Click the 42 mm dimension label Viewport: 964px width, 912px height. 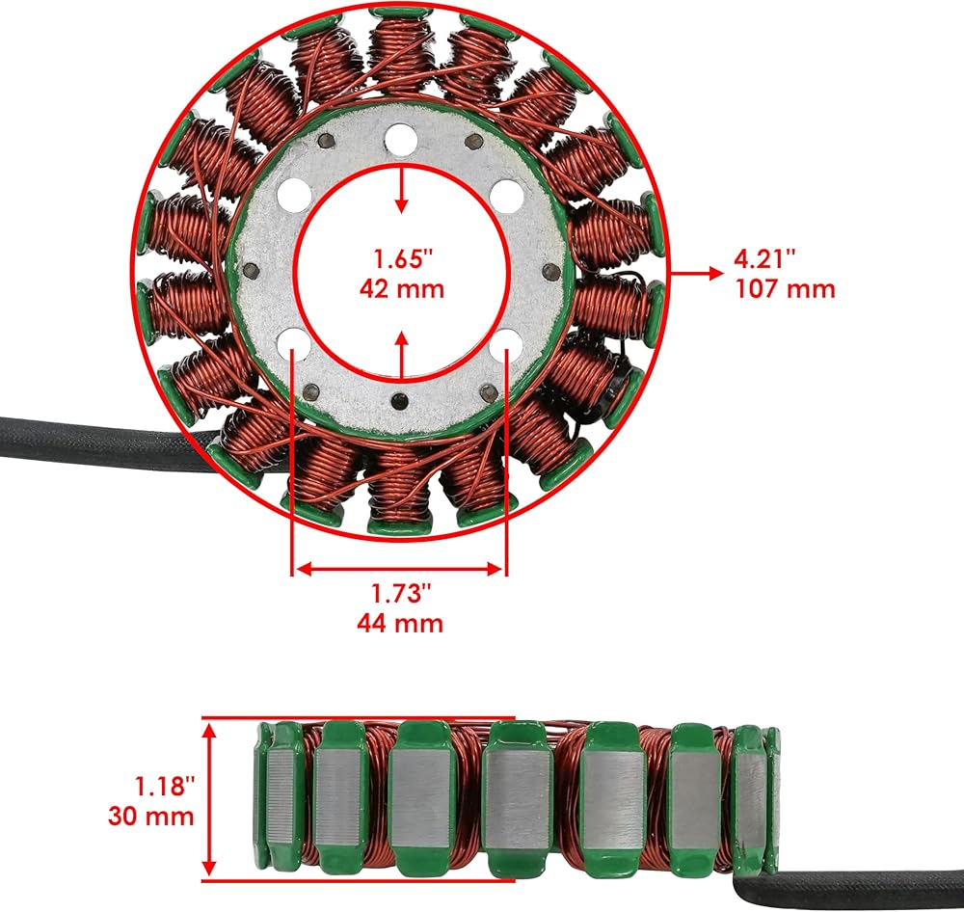point(401,288)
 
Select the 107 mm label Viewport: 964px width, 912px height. point(786,288)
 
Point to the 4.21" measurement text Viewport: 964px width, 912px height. point(764,258)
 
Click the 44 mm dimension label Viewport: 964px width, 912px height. point(400,623)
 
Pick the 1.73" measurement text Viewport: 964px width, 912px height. point(401,594)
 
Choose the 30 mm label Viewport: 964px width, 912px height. point(151,816)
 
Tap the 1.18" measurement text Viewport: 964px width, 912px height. point(164,786)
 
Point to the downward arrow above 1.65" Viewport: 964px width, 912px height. point(401,189)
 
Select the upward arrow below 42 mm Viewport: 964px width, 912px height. point(401,355)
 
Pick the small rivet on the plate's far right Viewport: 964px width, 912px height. point(552,271)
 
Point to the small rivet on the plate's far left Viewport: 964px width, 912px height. point(251,270)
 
